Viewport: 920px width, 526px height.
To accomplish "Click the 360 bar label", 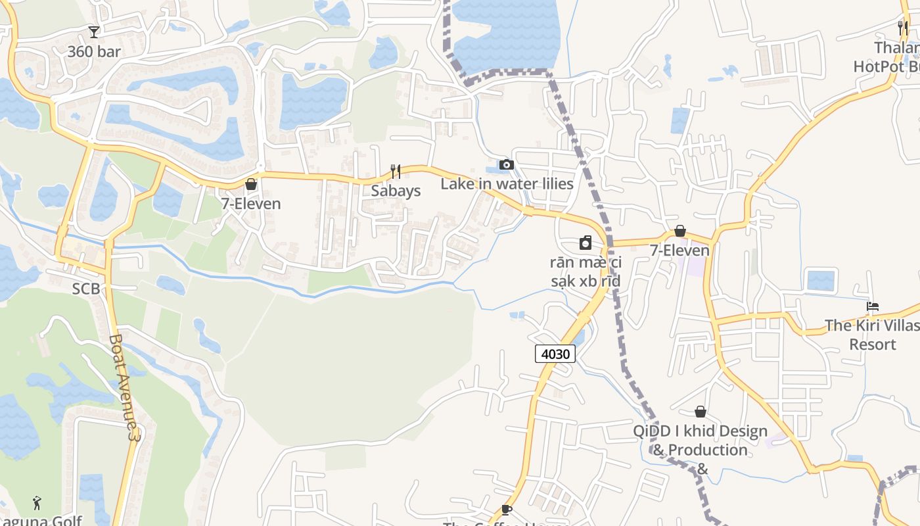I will [x=94, y=51].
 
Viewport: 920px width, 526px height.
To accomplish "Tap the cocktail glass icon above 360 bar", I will [x=94, y=32].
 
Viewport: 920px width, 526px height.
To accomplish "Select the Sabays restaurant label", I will [x=396, y=191].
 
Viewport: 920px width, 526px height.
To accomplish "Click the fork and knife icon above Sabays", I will [x=396, y=172].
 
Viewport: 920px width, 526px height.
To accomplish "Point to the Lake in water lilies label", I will [x=507, y=184].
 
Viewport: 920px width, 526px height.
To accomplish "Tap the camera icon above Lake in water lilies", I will [x=507, y=164].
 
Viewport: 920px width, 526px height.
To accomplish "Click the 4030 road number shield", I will [x=555, y=354].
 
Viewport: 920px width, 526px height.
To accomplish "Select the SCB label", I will [x=86, y=289].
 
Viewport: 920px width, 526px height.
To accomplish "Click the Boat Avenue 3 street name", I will [x=125, y=387].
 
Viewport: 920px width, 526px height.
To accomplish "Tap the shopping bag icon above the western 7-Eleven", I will [x=250, y=184].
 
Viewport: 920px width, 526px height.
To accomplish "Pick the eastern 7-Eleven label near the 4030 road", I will [x=680, y=251].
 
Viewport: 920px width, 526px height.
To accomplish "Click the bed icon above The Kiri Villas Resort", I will [x=873, y=306].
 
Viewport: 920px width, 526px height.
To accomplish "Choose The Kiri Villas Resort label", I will [x=873, y=335].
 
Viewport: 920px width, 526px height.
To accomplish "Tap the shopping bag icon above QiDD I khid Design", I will [x=701, y=412].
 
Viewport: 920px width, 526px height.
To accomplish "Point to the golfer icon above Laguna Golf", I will [x=37, y=503].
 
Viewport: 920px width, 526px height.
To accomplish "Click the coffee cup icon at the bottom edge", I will [x=506, y=510].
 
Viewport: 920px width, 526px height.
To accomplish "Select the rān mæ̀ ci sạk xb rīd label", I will [x=586, y=272].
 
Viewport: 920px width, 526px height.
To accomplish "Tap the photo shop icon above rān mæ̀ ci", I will [x=586, y=243].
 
